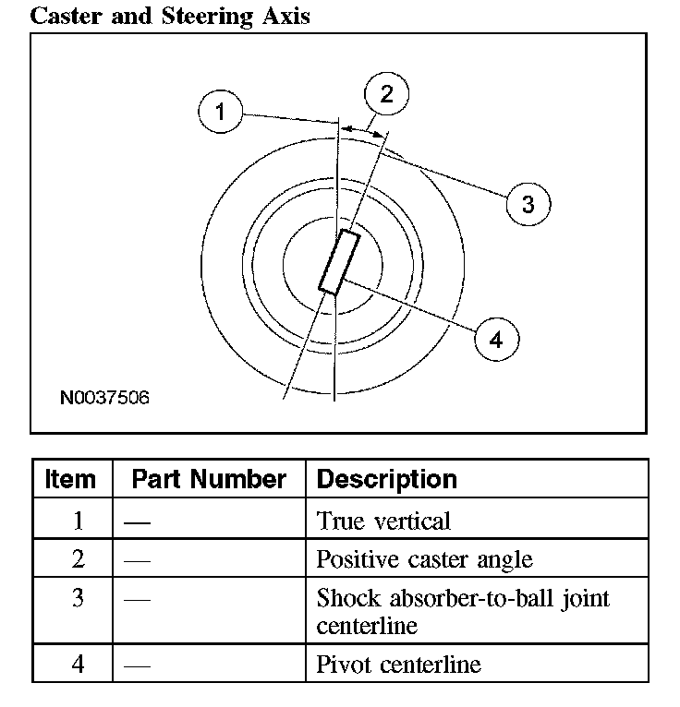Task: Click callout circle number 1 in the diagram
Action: click(x=220, y=114)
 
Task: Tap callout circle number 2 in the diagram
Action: click(x=386, y=93)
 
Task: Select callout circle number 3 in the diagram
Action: click(x=528, y=203)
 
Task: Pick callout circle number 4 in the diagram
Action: click(x=496, y=340)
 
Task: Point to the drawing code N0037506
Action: click(x=104, y=399)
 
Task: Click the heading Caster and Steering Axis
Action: click(x=170, y=16)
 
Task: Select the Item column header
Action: click(x=70, y=480)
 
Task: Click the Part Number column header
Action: click(x=209, y=480)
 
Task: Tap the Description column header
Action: click(x=386, y=480)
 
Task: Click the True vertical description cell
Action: click(x=383, y=521)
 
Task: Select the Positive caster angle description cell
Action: click(x=424, y=559)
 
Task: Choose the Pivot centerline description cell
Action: click(x=398, y=665)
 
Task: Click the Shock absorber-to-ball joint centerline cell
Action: click(x=462, y=611)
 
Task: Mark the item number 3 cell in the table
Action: click(x=78, y=598)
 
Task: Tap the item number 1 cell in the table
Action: click(x=78, y=521)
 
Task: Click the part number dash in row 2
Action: click(x=137, y=560)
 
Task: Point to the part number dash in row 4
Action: click(x=137, y=665)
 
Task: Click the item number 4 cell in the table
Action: click(x=78, y=665)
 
